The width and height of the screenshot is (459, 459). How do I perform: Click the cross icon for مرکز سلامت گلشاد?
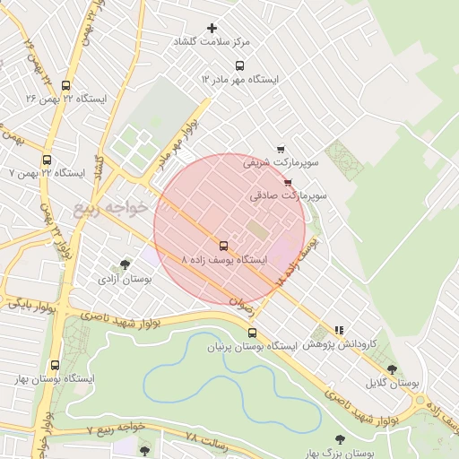coord(212,29)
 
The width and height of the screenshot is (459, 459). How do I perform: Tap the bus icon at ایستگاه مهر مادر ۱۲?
coord(238,65)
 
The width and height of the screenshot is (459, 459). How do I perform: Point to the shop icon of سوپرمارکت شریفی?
coord(281,150)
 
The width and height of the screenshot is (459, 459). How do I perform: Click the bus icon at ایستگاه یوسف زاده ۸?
coord(223,246)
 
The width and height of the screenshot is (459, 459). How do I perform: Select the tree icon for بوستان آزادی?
coord(125,264)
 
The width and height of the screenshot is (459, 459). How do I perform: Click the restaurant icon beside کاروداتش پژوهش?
coord(339,330)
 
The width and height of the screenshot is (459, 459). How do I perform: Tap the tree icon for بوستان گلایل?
coord(392,368)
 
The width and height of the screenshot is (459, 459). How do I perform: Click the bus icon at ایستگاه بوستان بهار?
coord(56,365)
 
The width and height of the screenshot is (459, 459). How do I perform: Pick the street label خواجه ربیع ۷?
coord(116,431)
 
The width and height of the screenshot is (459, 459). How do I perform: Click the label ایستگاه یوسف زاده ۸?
coord(224,260)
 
